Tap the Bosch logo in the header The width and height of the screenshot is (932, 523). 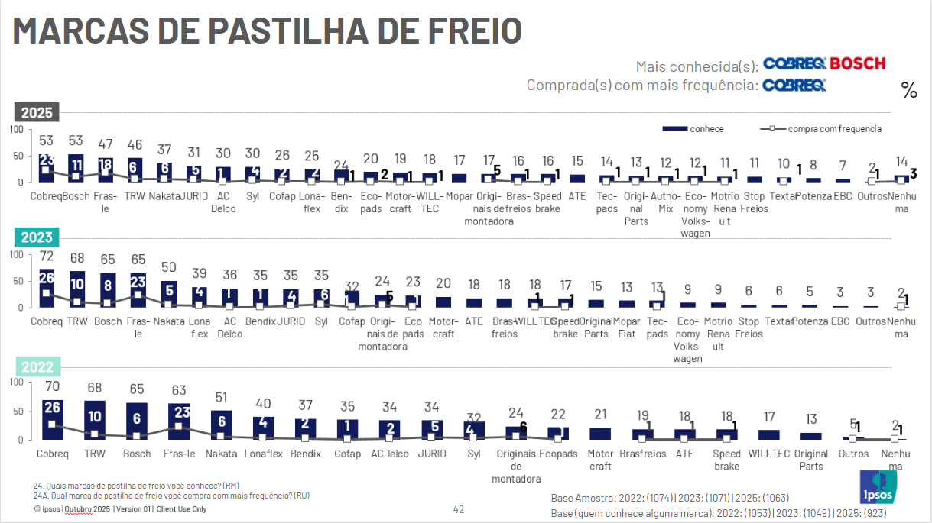(858, 64)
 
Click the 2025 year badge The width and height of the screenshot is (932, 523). (37, 112)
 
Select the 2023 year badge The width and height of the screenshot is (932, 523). (37, 237)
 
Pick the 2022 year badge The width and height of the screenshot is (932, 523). (37, 366)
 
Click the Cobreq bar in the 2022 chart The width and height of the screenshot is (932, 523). (53, 420)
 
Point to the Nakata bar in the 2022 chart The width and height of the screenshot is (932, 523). (221, 425)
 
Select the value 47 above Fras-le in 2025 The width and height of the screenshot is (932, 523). (106, 143)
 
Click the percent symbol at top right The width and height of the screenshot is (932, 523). (909, 92)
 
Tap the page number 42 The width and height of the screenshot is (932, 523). (459, 509)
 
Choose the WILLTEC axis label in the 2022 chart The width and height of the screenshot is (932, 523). (769, 454)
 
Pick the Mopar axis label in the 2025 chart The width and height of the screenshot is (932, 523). (460, 196)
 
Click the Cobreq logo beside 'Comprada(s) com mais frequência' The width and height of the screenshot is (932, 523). (794, 86)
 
